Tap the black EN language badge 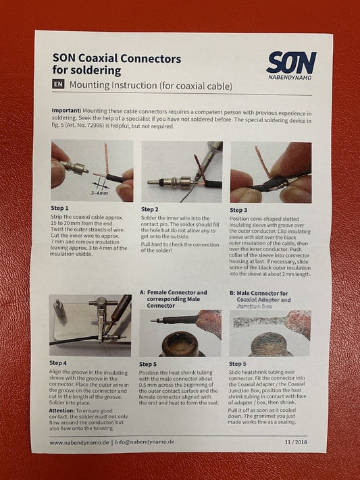[x=58, y=84]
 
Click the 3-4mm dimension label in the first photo [x=99, y=193]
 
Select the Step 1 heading [x=59, y=208]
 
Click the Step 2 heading [x=149, y=209]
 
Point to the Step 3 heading [x=238, y=210]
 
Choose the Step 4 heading [x=58, y=363]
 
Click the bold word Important [x=66, y=111]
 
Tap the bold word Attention [x=62, y=410]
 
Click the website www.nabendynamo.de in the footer [x=79, y=442]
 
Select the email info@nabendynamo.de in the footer [x=145, y=442]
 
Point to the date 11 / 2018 [x=296, y=442]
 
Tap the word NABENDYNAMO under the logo [x=290, y=78]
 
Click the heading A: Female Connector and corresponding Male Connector [x=174, y=299]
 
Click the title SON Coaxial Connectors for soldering [x=117, y=64]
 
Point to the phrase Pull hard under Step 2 [x=153, y=244]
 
